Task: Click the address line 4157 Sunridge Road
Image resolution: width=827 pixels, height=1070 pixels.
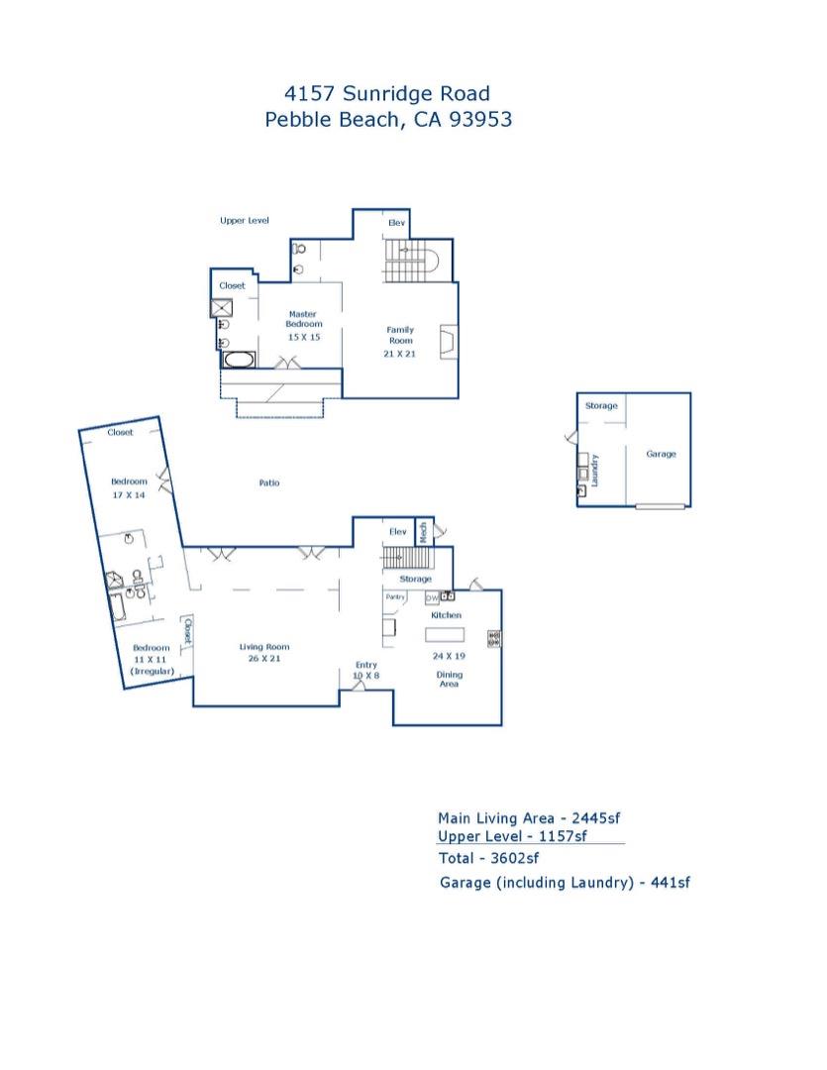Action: [387, 94]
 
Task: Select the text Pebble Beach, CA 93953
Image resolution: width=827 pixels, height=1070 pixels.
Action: [387, 120]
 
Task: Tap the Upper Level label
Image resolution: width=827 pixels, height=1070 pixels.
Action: [245, 221]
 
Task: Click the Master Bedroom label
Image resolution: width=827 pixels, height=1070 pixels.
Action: [304, 319]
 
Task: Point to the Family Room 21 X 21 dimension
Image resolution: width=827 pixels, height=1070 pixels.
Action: [400, 354]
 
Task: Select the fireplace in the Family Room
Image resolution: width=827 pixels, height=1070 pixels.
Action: [449, 343]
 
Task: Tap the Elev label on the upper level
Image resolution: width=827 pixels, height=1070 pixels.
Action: [396, 224]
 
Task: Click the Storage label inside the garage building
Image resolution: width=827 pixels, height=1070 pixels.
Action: [601, 406]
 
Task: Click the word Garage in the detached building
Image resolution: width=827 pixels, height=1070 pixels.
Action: [661, 455]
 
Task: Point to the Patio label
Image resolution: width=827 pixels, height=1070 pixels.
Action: [269, 483]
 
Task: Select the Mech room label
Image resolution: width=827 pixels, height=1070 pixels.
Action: [422, 531]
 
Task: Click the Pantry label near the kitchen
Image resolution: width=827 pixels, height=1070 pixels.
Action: [395, 597]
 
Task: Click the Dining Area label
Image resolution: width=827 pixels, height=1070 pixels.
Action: [450, 680]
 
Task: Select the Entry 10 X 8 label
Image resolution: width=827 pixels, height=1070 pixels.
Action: [365, 671]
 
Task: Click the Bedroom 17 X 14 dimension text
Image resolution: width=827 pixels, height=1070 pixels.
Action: [129, 494]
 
